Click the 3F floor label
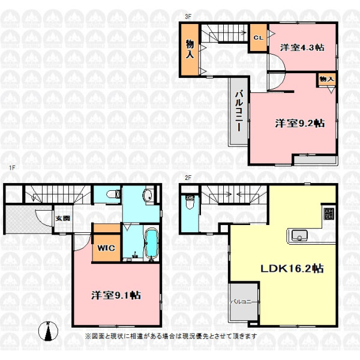tap(188, 17)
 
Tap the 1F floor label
tap(12, 168)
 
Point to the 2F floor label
tap(188, 178)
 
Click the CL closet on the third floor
tap(259, 38)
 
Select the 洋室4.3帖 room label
tap(302, 47)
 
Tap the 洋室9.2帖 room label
tap(300, 123)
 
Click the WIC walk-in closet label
tap(106, 248)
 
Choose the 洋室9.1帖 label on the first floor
tap(116, 295)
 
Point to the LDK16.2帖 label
tap(292, 268)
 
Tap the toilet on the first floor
tap(113, 194)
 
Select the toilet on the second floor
tap(190, 202)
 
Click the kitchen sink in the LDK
tap(299, 236)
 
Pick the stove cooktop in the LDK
tap(329, 214)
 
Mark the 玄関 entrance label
tap(62, 218)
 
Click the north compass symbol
tap(48, 331)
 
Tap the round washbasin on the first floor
tap(148, 196)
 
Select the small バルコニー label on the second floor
tap(241, 301)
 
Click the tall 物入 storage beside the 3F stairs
tap(190, 49)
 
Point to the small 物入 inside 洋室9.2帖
tap(326, 79)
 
